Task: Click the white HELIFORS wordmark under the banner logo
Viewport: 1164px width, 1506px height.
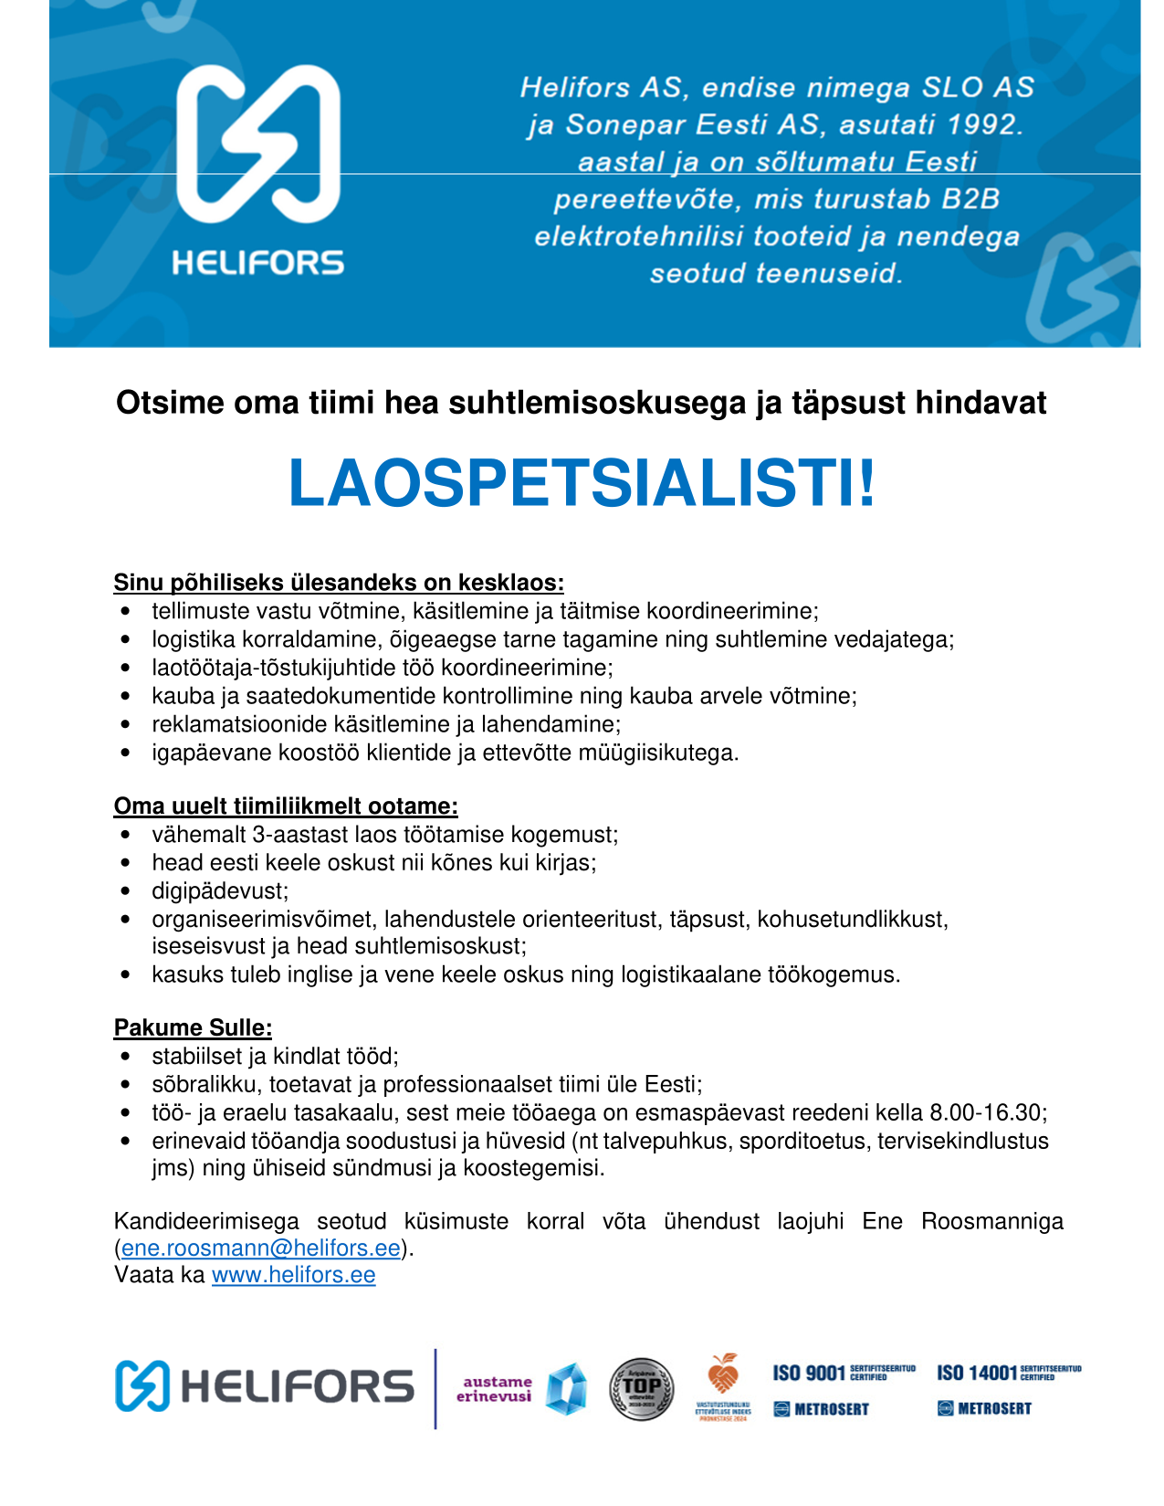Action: tap(258, 264)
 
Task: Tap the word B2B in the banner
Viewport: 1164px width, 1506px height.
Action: tap(970, 199)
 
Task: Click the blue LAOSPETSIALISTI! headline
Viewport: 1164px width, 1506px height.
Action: tap(582, 483)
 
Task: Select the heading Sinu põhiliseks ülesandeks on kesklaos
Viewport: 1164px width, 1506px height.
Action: tap(339, 582)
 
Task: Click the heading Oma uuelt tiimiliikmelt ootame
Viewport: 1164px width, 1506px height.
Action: tap(286, 806)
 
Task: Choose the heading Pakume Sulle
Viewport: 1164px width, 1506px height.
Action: tap(193, 1027)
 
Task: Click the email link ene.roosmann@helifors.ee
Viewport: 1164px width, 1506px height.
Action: tap(261, 1248)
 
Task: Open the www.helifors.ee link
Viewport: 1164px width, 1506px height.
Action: tap(293, 1275)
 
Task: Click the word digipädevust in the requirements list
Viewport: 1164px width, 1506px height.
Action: tap(219, 890)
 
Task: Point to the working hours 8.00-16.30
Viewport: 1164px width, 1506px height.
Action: tap(986, 1112)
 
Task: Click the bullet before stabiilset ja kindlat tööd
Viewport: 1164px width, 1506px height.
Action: tap(126, 1057)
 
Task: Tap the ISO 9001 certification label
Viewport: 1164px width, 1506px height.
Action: tap(809, 1373)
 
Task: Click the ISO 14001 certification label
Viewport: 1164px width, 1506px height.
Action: tap(976, 1373)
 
